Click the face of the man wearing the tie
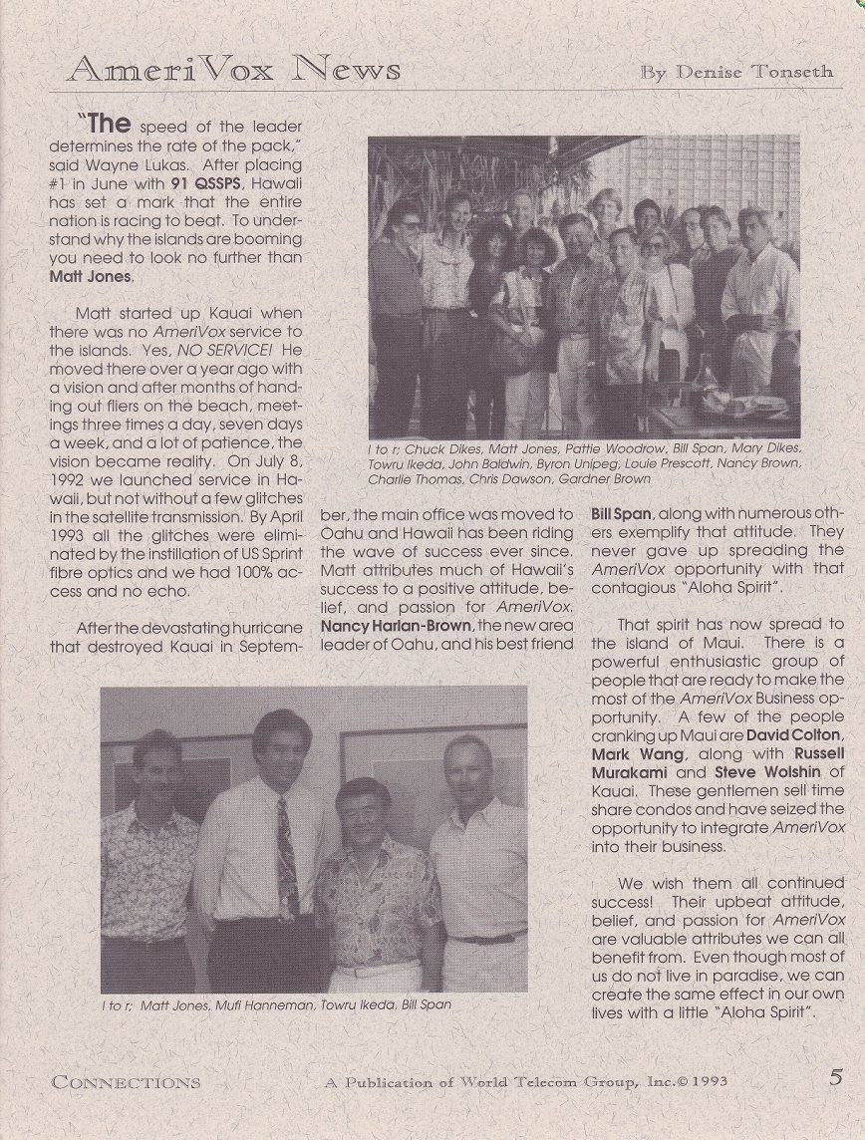[281, 750]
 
